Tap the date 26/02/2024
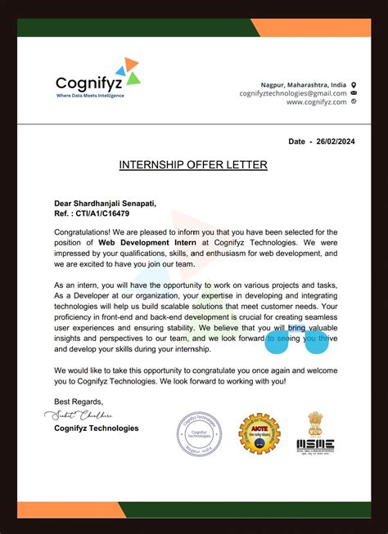pyautogui.click(x=336, y=141)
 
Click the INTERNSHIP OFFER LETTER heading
pyautogui.click(x=193, y=165)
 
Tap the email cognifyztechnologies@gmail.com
pyautogui.click(x=292, y=93)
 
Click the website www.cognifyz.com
pyautogui.click(x=314, y=102)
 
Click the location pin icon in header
pyautogui.click(x=354, y=84)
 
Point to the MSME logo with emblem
pyautogui.click(x=314, y=434)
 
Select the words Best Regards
pyautogui.click(x=79, y=402)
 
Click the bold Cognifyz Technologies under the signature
pyautogui.click(x=96, y=428)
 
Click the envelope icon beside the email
pyautogui.click(x=354, y=93)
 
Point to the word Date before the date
pyautogui.click(x=296, y=141)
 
